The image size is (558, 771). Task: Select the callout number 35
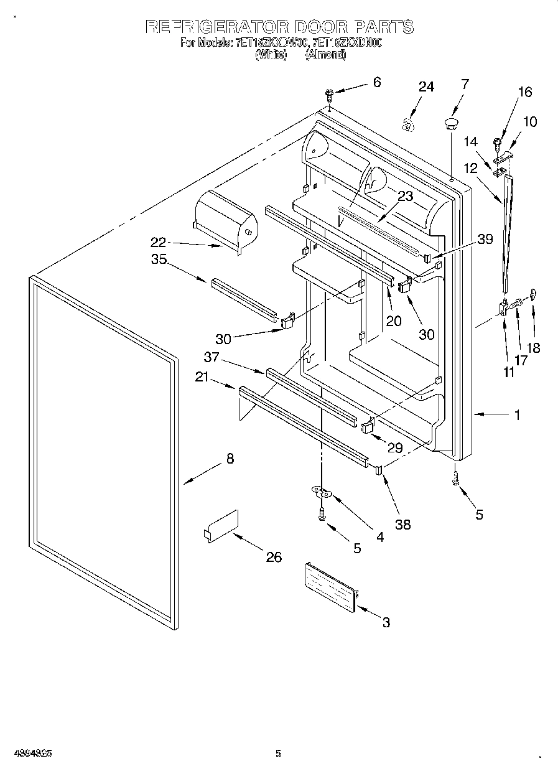click(x=159, y=259)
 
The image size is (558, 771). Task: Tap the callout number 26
click(x=274, y=557)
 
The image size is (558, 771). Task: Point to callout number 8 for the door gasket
click(x=230, y=459)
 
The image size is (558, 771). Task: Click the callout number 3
click(x=386, y=622)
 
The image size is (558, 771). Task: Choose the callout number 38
click(x=403, y=524)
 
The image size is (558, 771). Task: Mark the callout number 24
click(x=425, y=86)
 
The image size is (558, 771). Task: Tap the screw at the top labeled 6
click(x=330, y=95)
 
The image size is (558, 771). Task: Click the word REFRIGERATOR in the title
click(x=216, y=27)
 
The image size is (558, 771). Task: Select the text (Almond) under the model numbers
click(x=325, y=55)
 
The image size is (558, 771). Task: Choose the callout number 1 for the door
click(x=516, y=415)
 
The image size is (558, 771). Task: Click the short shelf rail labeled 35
click(x=244, y=298)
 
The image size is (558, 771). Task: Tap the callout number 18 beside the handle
click(x=534, y=348)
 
